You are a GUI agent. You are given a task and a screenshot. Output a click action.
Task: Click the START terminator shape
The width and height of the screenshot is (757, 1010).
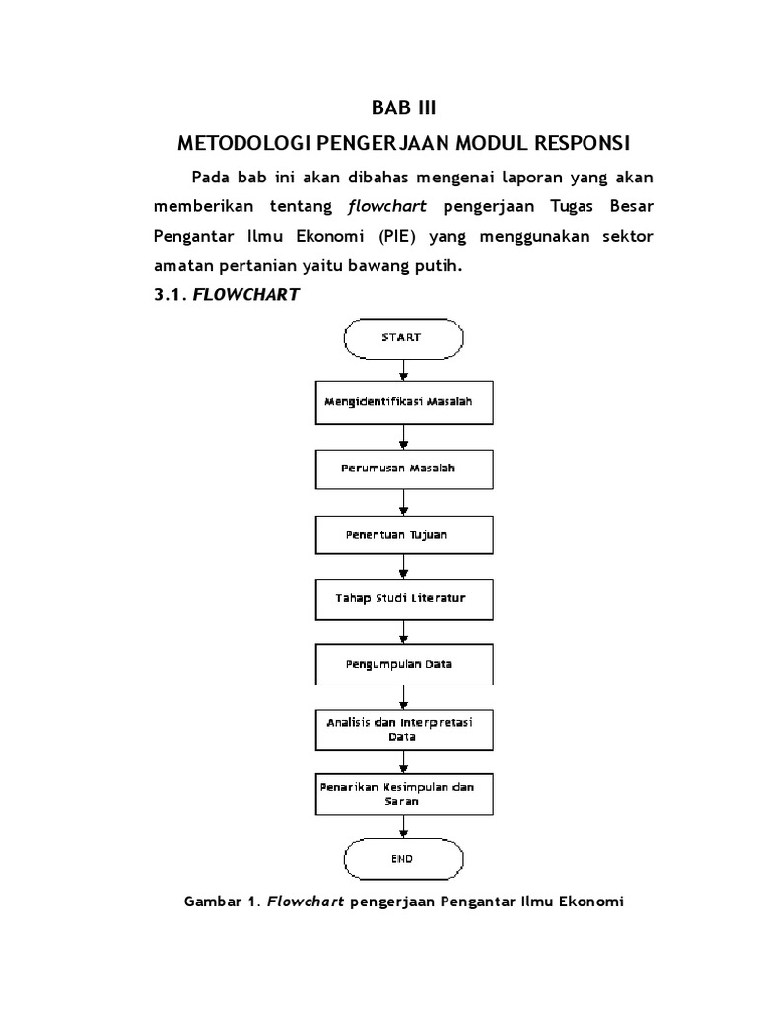pyautogui.click(x=402, y=338)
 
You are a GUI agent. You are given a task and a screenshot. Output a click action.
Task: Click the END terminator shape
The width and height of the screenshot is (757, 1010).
pyautogui.click(x=402, y=859)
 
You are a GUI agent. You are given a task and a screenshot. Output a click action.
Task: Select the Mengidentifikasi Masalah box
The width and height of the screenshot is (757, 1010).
pyautogui.click(x=402, y=402)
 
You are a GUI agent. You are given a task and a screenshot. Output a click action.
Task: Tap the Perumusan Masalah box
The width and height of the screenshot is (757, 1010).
pyautogui.click(x=402, y=468)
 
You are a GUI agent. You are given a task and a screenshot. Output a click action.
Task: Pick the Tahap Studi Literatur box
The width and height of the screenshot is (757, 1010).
pyautogui.click(x=402, y=598)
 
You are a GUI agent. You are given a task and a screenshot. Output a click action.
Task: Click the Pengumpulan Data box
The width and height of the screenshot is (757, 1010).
pyautogui.click(x=402, y=664)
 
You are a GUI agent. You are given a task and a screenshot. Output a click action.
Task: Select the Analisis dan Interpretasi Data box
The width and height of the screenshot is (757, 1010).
pyautogui.click(x=402, y=729)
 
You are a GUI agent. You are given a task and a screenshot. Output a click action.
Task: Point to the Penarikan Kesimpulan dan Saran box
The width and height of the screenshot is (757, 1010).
pyautogui.click(x=402, y=794)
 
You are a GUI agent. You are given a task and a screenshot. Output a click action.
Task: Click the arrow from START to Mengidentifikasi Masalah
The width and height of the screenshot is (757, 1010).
pyautogui.click(x=402, y=369)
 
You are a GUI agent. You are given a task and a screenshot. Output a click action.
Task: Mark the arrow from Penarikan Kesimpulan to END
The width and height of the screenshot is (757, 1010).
pyautogui.click(x=402, y=827)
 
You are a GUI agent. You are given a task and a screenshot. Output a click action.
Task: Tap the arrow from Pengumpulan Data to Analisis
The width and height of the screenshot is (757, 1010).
pyautogui.click(x=402, y=695)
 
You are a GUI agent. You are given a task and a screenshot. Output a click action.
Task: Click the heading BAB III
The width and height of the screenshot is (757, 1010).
pyautogui.click(x=401, y=107)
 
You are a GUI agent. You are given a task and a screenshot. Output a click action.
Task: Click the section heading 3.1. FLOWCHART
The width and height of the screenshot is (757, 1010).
pyautogui.click(x=227, y=294)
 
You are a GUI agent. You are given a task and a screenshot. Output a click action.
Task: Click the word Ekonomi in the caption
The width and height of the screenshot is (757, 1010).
pyautogui.click(x=591, y=902)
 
